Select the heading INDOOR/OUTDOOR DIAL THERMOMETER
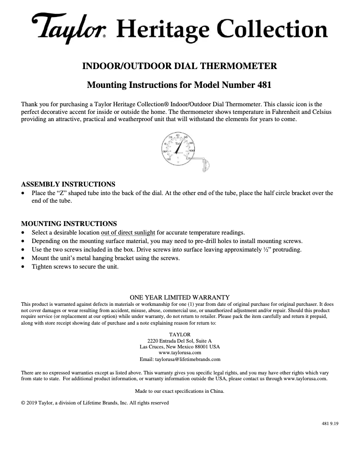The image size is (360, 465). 180,66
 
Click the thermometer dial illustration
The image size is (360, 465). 178,148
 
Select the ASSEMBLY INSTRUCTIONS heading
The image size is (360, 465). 68,184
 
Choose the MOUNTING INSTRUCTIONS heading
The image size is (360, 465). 69,223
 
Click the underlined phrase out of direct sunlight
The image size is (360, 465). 128,232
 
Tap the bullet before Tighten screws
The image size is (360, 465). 23,267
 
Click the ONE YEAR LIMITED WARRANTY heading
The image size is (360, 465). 180,297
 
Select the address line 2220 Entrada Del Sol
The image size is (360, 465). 180,341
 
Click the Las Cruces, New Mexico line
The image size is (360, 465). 180,347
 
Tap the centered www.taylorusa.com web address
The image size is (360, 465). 180,353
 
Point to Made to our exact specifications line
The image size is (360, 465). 180,391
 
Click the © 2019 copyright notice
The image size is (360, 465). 95,403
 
